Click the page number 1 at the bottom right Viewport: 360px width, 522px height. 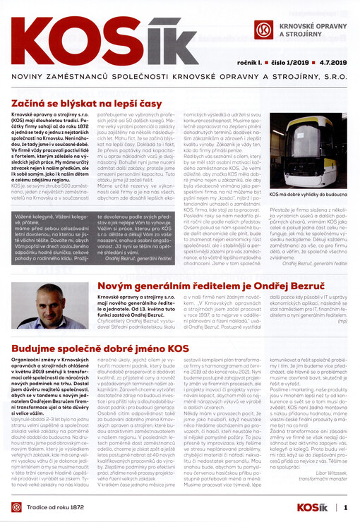tap(346, 506)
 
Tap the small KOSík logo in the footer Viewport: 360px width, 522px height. tap(315, 506)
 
